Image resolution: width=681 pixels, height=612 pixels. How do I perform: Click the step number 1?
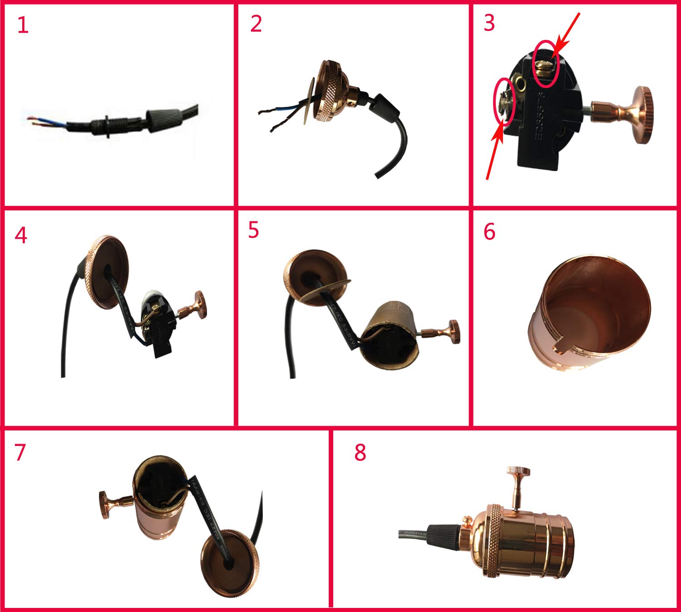pyautogui.click(x=23, y=25)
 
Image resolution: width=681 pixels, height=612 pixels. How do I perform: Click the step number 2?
pyautogui.click(x=256, y=24)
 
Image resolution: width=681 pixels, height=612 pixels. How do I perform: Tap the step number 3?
pyautogui.click(x=489, y=23)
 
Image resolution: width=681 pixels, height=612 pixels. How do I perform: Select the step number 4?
pyautogui.click(x=21, y=235)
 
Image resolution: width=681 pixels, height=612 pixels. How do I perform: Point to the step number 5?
pyautogui.click(x=253, y=230)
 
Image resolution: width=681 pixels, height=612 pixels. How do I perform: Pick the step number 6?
pyautogui.click(x=489, y=231)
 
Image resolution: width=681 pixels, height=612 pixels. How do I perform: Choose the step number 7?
pyautogui.click(x=20, y=452)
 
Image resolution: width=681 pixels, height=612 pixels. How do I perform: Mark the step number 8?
pyautogui.click(x=360, y=452)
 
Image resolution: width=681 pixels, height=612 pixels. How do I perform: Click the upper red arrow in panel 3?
pyautogui.click(x=568, y=30)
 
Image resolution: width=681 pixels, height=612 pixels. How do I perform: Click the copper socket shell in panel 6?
pyautogui.click(x=590, y=318)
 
